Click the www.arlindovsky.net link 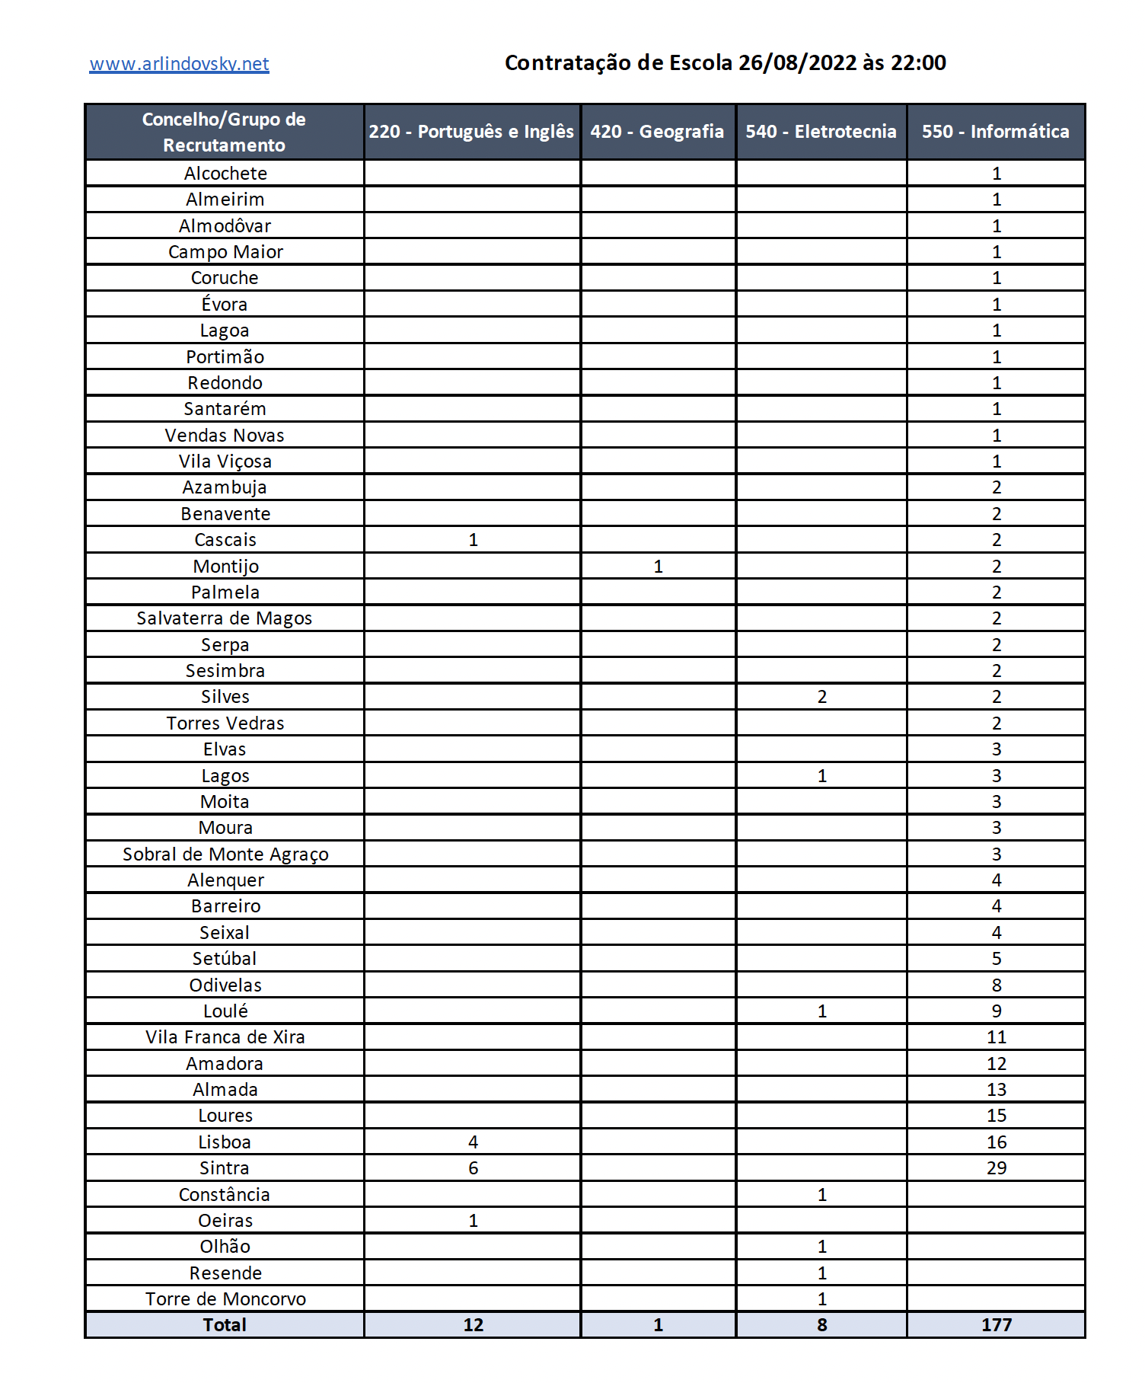(x=179, y=64)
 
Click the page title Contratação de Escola (x=725, y=62)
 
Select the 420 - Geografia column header (x=657, y=132)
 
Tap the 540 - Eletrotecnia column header (x=821, y=132)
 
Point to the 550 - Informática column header (x=995, y=132)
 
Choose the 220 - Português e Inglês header (x=471, y=132)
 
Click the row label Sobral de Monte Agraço (x=225, y=854)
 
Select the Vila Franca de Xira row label (x=225, y=1037)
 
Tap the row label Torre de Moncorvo (x=225, y=1299)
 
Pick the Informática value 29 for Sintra (x=997, y=1168)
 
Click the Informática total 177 (x=997, y=1325)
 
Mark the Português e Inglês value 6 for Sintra (x=473, y=1168)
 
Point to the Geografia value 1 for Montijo (x=658, y=567)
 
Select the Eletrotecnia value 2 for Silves (x=821, y=697)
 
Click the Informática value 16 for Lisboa (x=997, y=1142)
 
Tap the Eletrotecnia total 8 (x=821, y=1325)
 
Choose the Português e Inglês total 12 (x=473, y=1325)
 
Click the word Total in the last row (x=225, y=1325)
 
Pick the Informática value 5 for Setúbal (x=997, y=959)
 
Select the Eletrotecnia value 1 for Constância (x=821, y=1195)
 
